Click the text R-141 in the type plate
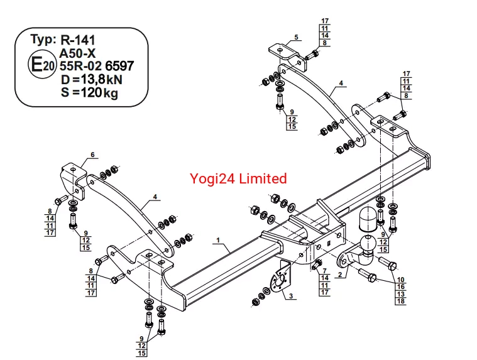pos(82,40)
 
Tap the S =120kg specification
pos(89,93)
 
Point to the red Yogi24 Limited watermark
pos(238,178)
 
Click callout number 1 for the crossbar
pos(217,240)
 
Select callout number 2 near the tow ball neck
pos(340,274)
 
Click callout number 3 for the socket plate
pos(290,295)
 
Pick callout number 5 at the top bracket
pos(295,38)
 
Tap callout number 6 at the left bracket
pos(92,155)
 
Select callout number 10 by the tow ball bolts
pos(400,280)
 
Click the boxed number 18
pos(400,302)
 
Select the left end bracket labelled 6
pos(72,176)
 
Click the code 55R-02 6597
pos(96,67)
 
